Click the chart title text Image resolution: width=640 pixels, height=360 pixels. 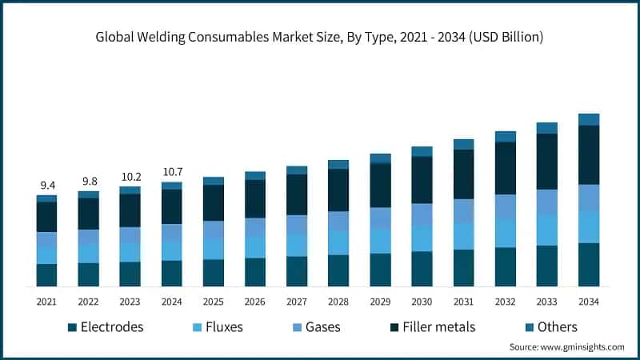pos(320,36)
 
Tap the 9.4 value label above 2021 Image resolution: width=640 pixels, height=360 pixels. pos(46,185)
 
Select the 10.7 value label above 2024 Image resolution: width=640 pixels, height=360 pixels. pos(171,171)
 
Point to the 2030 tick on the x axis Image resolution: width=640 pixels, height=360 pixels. pos(422,302)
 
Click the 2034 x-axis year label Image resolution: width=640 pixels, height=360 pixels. pos(589,302)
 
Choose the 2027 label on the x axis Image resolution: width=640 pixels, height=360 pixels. pos(297,302)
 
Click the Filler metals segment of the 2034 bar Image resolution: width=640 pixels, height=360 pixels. pos(589,155)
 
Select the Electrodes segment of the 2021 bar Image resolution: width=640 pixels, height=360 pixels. pos(46,274)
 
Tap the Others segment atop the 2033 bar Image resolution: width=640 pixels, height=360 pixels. pos(547,128)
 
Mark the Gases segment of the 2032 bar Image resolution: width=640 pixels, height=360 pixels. pos(506,206)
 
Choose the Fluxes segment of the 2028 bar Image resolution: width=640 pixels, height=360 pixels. pos(338,242)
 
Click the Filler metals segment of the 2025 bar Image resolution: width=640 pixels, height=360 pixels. pos(214,202)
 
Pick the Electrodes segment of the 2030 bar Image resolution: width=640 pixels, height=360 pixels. pos(422,269)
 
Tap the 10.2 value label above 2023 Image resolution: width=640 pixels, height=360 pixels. pos(130,178)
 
